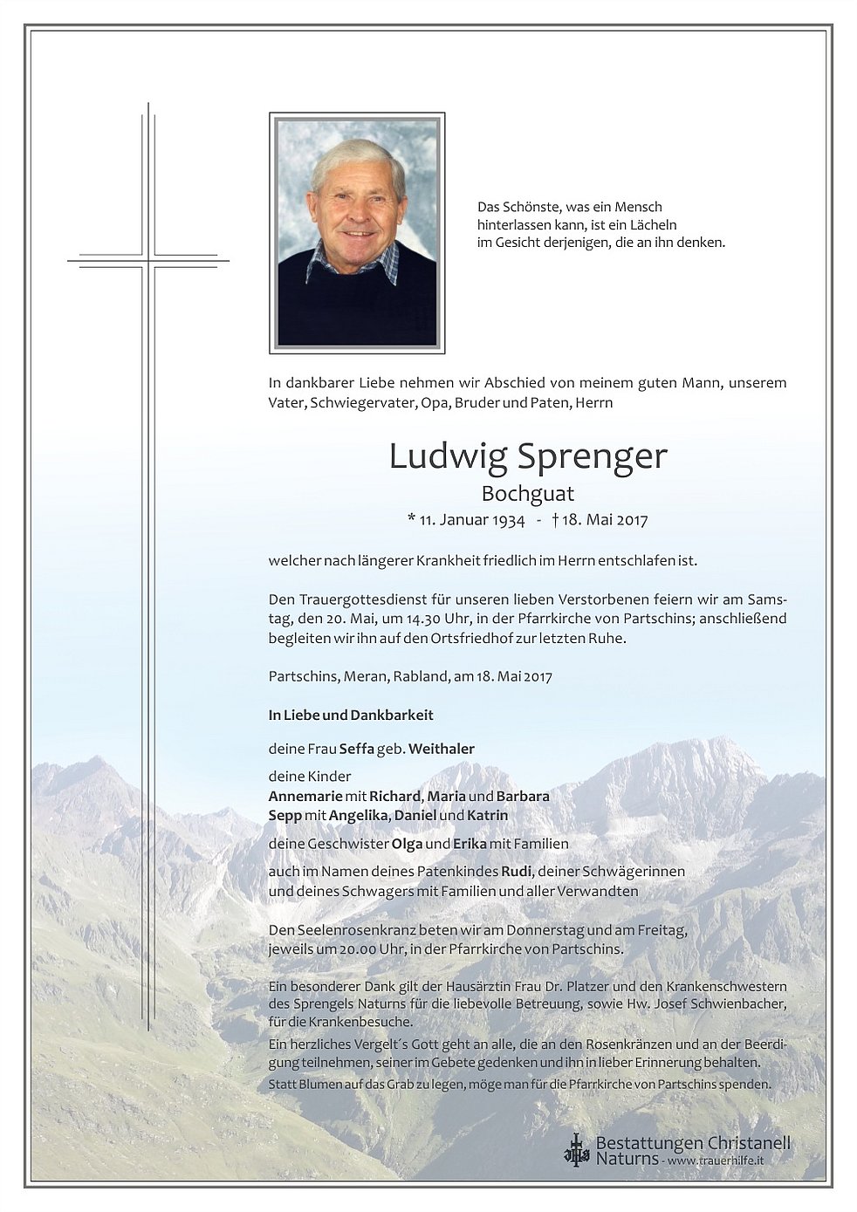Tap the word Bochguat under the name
tap(527, 494)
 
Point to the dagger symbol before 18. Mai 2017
tap(555, 520)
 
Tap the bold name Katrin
tap(488, 815)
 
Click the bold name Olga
tap(407, 844)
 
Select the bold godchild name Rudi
tap(516, 872)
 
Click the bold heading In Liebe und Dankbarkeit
tap(351, 716)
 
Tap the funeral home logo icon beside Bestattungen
tap(576, 1149)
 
